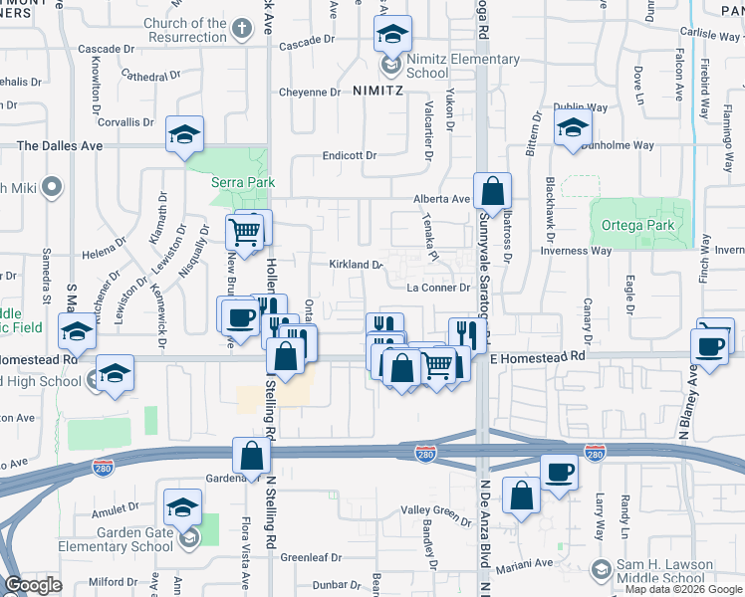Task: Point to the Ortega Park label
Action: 637,226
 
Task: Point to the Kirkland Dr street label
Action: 356,265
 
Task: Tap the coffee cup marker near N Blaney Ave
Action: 710,346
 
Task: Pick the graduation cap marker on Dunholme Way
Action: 574,127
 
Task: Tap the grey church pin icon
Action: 241,30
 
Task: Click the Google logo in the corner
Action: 32,586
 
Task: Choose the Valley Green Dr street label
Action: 436,511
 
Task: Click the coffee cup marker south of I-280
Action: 559,472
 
